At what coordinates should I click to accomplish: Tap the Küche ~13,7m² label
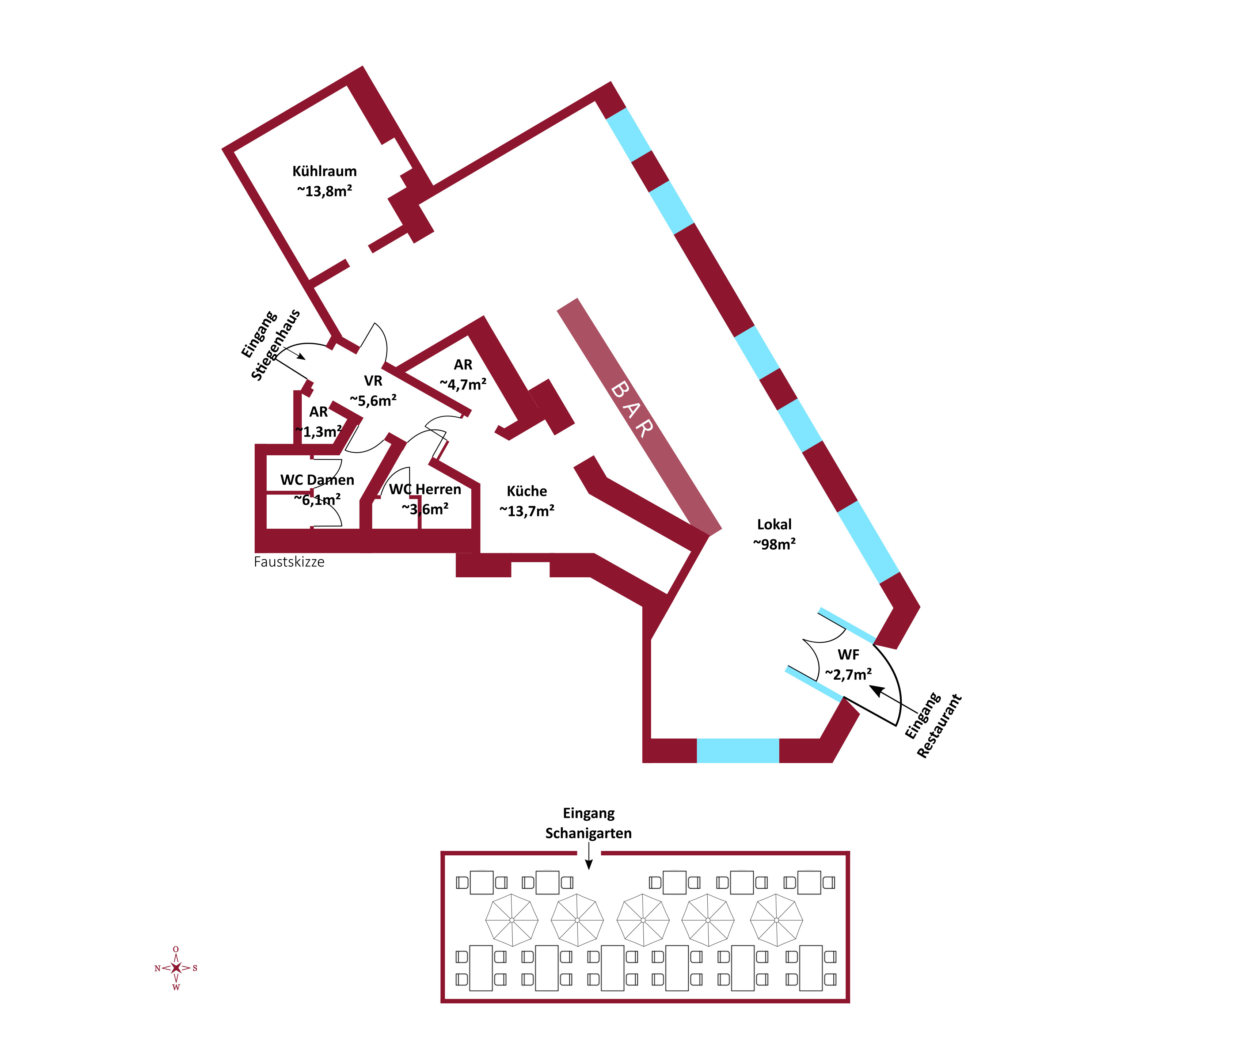point(526,501)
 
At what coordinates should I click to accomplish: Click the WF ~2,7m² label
point(848,665)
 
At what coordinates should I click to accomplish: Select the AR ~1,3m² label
point(318,421)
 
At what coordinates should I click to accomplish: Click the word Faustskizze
point(289,562)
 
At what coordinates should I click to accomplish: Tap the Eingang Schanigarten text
point(588,823)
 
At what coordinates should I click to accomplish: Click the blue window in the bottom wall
point(738,751)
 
